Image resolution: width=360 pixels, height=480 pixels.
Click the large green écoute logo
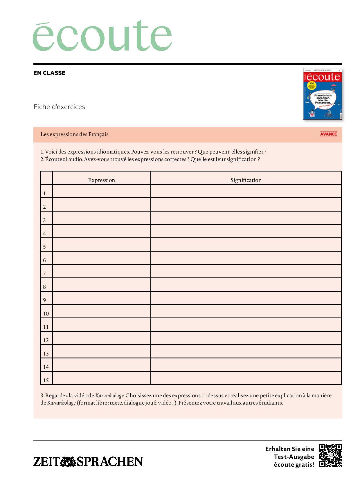click(x=102, y=36)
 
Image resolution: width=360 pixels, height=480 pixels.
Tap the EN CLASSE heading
click(x=49, y=73)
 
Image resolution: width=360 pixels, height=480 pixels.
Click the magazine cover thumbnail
click(x=322, y=93)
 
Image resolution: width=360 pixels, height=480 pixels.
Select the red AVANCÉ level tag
click(x=328, y=134)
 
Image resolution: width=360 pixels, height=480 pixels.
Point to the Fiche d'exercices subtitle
click(x=59, y=107)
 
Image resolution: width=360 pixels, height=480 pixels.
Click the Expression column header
click(x=102, y=180)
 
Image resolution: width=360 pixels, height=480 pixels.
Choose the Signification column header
click(x=246, y=180)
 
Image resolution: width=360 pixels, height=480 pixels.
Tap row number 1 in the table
click(x=44, y=193)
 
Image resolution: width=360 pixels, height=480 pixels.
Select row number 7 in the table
click(x=44, y=273)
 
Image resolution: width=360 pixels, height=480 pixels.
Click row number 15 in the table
click(x=46, y=380)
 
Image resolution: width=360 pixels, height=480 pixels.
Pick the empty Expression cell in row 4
click(x=102, y=231)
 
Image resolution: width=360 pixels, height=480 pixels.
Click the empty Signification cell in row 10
click(x=246, y=311)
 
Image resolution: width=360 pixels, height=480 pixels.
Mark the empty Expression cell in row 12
click(x=102, y=338)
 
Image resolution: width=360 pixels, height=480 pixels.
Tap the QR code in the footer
click(x=330, y=455)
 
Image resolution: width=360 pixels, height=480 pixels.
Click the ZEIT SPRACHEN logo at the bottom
click(x=88, y=461)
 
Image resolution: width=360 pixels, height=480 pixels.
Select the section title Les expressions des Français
click(x=75, y=134)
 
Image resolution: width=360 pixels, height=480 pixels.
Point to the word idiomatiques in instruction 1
click(x=113, y=151)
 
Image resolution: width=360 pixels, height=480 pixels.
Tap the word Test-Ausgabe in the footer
click(x=294, y=456)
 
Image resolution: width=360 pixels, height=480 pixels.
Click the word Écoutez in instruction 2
click(x=55, y=159)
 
